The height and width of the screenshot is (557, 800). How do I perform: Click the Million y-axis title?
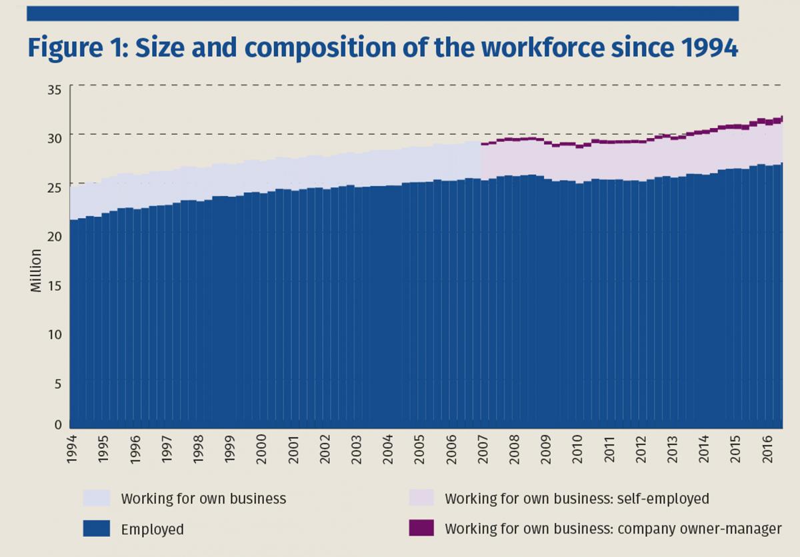tap(36, 270)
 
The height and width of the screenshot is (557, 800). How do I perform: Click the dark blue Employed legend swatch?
tap(96, 529)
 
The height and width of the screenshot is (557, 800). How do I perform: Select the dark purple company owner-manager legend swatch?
tap(421, 528)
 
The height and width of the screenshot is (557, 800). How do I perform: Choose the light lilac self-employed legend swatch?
tap(421, 498)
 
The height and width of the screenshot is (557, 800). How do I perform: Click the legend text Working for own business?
tap(203, 498)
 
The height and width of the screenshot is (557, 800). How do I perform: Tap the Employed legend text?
tap(152, 530)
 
